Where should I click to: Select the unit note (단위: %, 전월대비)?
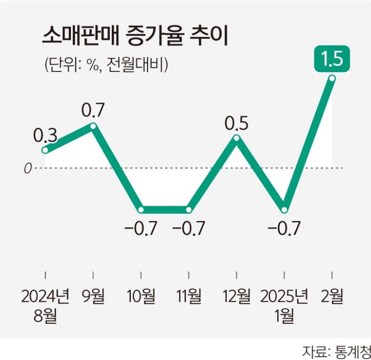pyautogui.click(x=106, y=65)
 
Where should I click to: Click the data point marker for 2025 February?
pyautogui.click(x=332, y=79)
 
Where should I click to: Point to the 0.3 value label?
pyautogui.click(x=45, y=136)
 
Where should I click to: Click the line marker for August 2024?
pyautogui.click(x=45, y=150)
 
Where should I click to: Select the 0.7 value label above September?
pyautogui.click(x=93, y=111)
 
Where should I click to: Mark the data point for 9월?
pyautogui.click(x=93, y=126)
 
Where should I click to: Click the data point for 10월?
pyautogui.click(x=141, y=210)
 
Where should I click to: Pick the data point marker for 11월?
pyautogui.click(x=189, y=210)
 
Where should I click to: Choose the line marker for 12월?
pyautogui.click(x=236, y=138)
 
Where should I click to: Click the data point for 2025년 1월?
pyautogui.click(x=284, y=210)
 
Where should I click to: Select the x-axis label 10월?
pyautogui.click(x=141, y=297)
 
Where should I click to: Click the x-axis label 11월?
pyautogui.click(x=189, y=297)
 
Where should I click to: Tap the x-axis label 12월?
pyautogui.click(x=236, y=297)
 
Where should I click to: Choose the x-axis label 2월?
pyautogui.click(x=332, y=297)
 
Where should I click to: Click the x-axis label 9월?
pyautogui.click(x=93, y=297)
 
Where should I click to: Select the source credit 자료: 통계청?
pyautogui.click(x=336, y=351)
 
